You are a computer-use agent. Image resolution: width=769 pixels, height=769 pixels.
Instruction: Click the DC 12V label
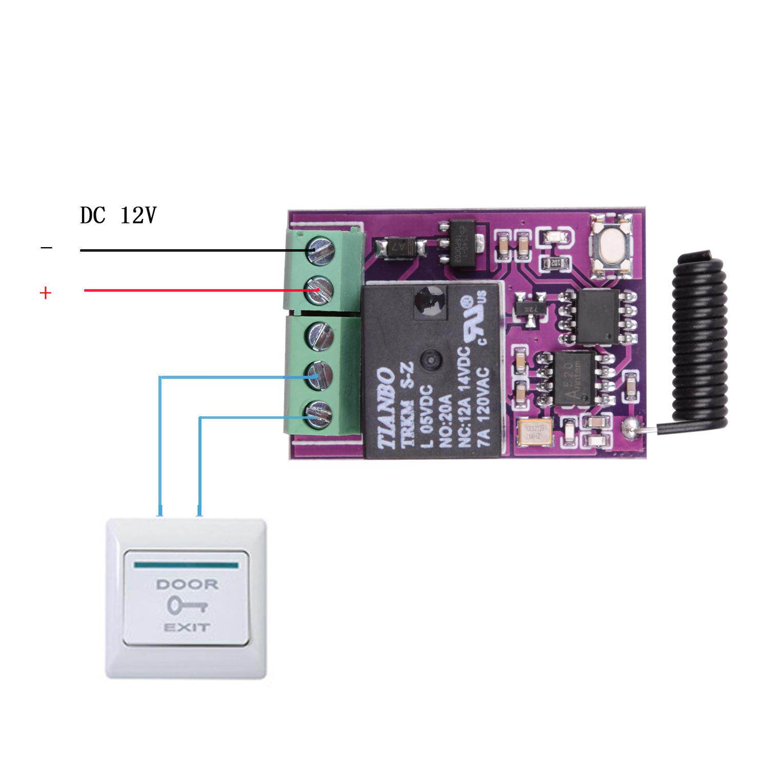(x=118, y=216)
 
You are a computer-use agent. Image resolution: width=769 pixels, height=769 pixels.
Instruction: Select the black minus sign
(x=46, y=249)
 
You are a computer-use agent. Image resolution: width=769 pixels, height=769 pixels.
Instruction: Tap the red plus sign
(x=46, y=293)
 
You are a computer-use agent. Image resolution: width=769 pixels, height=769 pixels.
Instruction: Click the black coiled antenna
(x=700, y=338)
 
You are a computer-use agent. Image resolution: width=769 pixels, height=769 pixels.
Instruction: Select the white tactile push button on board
(x=611, y=247)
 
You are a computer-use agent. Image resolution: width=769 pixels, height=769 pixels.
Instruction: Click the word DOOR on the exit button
(x=187, y=584)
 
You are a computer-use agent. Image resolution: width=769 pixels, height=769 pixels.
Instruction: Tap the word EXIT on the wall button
(x=187, y=627)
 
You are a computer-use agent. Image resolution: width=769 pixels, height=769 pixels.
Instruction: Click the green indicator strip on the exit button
(x=186, y=565)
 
